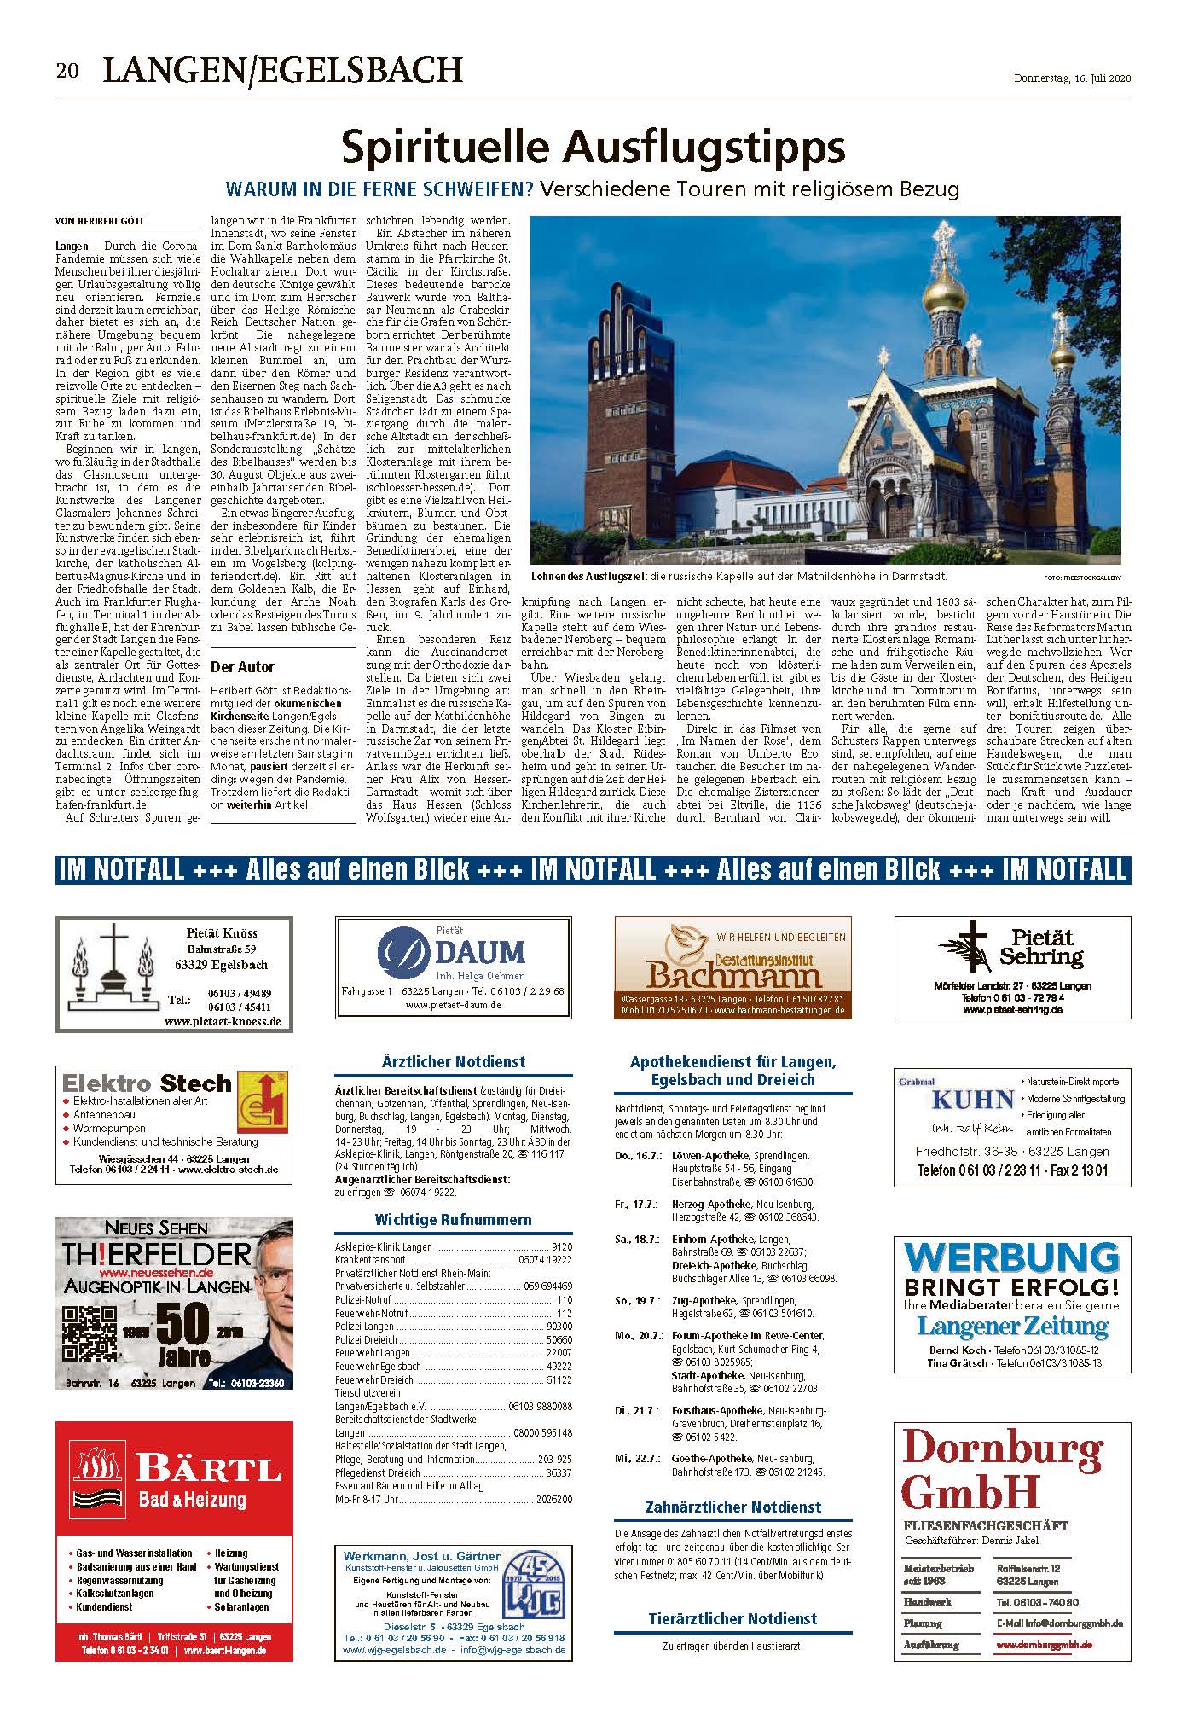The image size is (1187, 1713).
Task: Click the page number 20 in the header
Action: pyautogui.click(x=67, y=71)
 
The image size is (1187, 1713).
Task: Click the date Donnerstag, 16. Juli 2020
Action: pyautogui.click(x=1072, y=78)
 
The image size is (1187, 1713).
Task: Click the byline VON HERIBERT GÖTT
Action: pyautogui.click(x=99, y=222)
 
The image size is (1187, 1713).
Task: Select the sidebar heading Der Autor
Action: pyautogui.click(x=242, y=666)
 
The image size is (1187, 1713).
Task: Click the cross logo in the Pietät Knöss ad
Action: pyautogui.click(x=115, y=963)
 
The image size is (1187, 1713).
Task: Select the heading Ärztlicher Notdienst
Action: pyautogui.click(x=454, y=1062)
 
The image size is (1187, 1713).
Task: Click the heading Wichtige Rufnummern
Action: pyautogui.click(x=453, y=1220)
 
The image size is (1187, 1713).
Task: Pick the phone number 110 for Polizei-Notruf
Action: pyautogui.click(x=564, y=1300)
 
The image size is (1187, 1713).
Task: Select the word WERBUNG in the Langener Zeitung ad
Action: pyautogui.click(x=1011, y=1259)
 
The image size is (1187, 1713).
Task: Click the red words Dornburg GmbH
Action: pyautogui.click(x=1002, y=1469)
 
